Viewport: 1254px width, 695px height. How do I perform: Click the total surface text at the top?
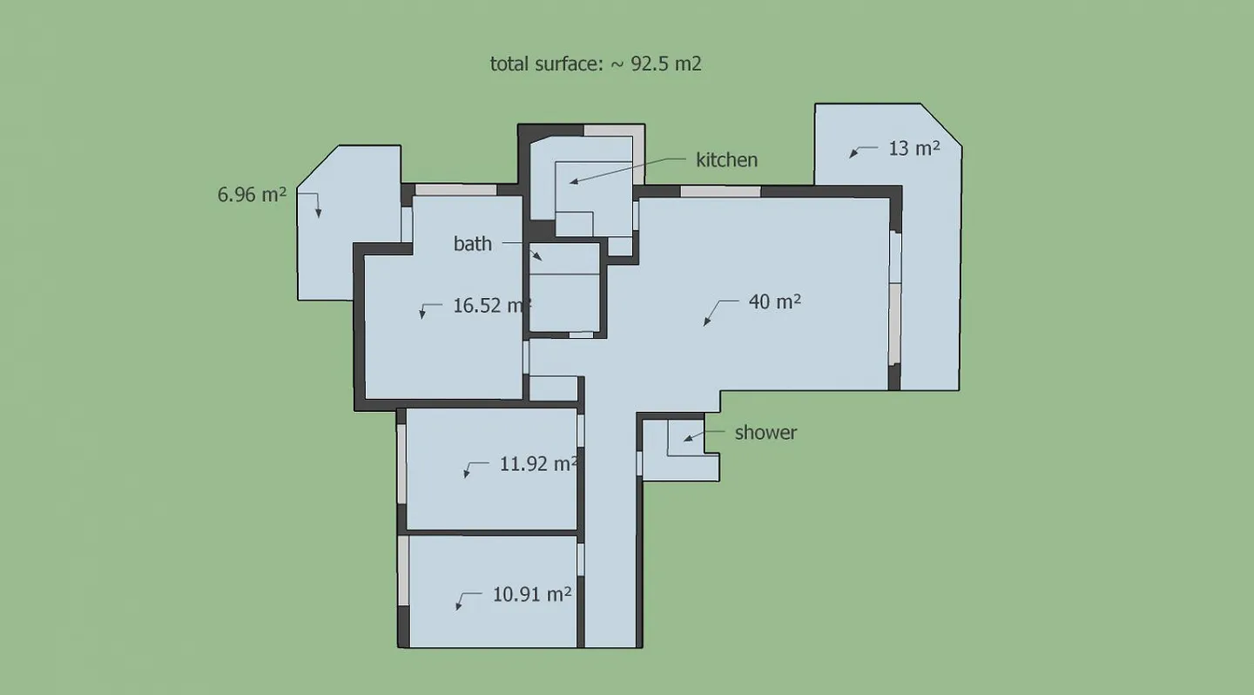pos(596,64)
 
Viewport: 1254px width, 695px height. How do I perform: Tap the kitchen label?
pos(726,160)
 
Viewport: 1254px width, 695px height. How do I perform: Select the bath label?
pos(472,244)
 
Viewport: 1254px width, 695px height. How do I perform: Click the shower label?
pos(765,433)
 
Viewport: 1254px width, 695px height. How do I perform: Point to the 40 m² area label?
pos(774,302)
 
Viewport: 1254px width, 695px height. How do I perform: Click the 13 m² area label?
pos(914,149)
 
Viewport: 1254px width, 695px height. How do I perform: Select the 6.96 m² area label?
pos(252,195)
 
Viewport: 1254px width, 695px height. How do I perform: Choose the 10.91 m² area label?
pos(532,595)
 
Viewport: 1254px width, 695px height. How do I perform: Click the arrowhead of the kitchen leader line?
pos(572,181)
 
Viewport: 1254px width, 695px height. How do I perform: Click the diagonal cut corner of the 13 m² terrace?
pos(942,125)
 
